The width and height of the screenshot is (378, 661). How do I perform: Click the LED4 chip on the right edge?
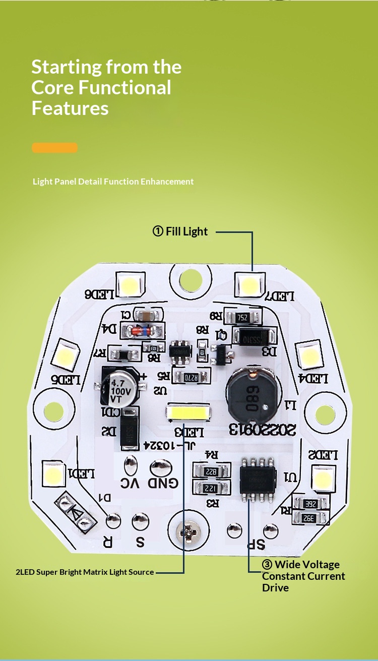pyautogui.click(x=308, y=355)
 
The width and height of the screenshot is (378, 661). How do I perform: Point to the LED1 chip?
pyautogui.click(x=52, y=473)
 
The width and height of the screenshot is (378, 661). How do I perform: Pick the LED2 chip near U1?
pyautogui.click(x=323, y=476)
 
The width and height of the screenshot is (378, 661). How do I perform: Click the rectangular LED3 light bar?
pyautogui.click(x=187, y=413)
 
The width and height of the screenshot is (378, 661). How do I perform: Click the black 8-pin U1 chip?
pyautogui.click(x=258, y=477)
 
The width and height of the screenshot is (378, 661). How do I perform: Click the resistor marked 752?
pyautogui.click(x=242, y=318)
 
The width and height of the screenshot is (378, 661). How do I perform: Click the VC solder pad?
pyautogui.click(x=131, y=463)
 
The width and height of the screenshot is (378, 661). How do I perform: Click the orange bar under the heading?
pyautogui.click(x=54, y=148)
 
